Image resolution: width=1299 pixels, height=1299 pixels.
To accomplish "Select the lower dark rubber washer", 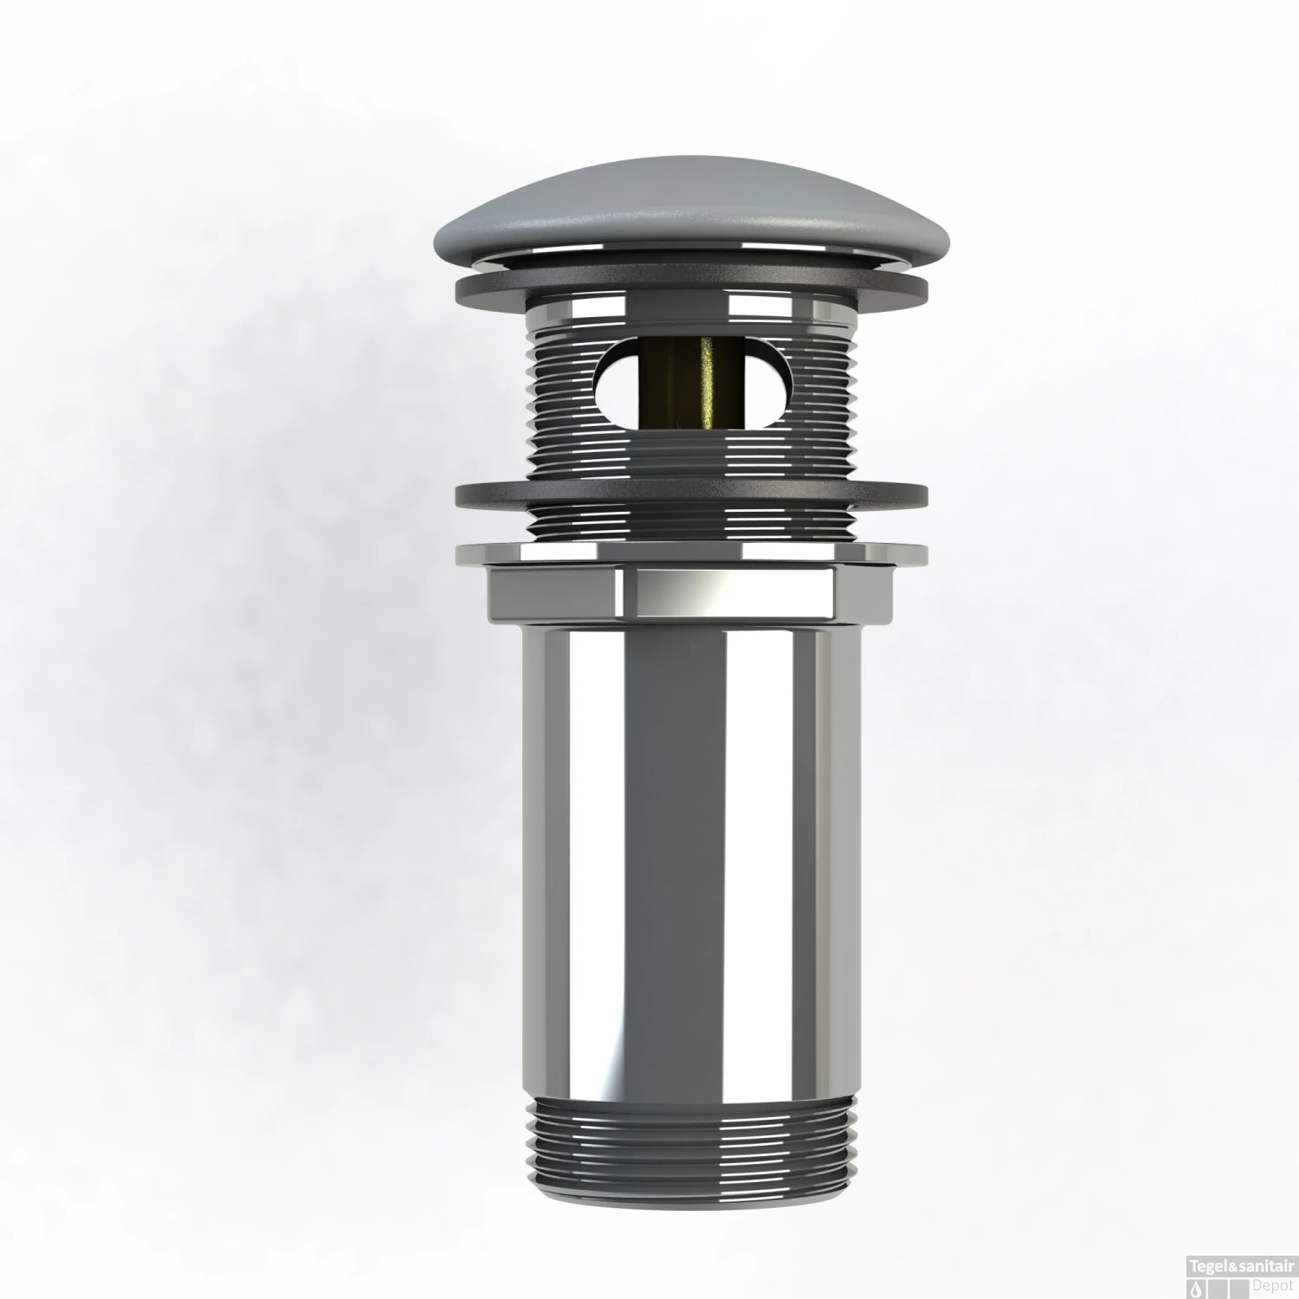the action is (690, 496).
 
